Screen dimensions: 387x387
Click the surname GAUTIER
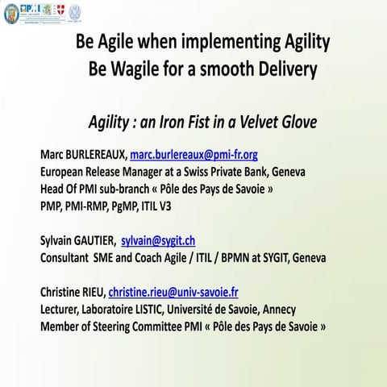[x=86, y=241]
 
